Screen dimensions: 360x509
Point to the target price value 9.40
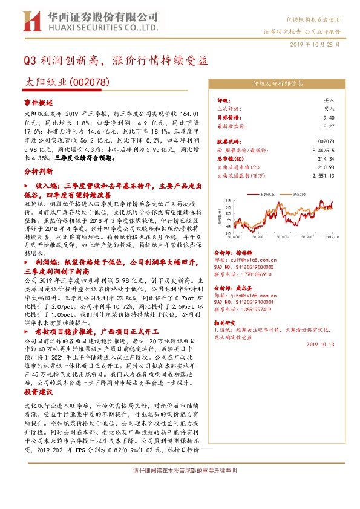point(329,118)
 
